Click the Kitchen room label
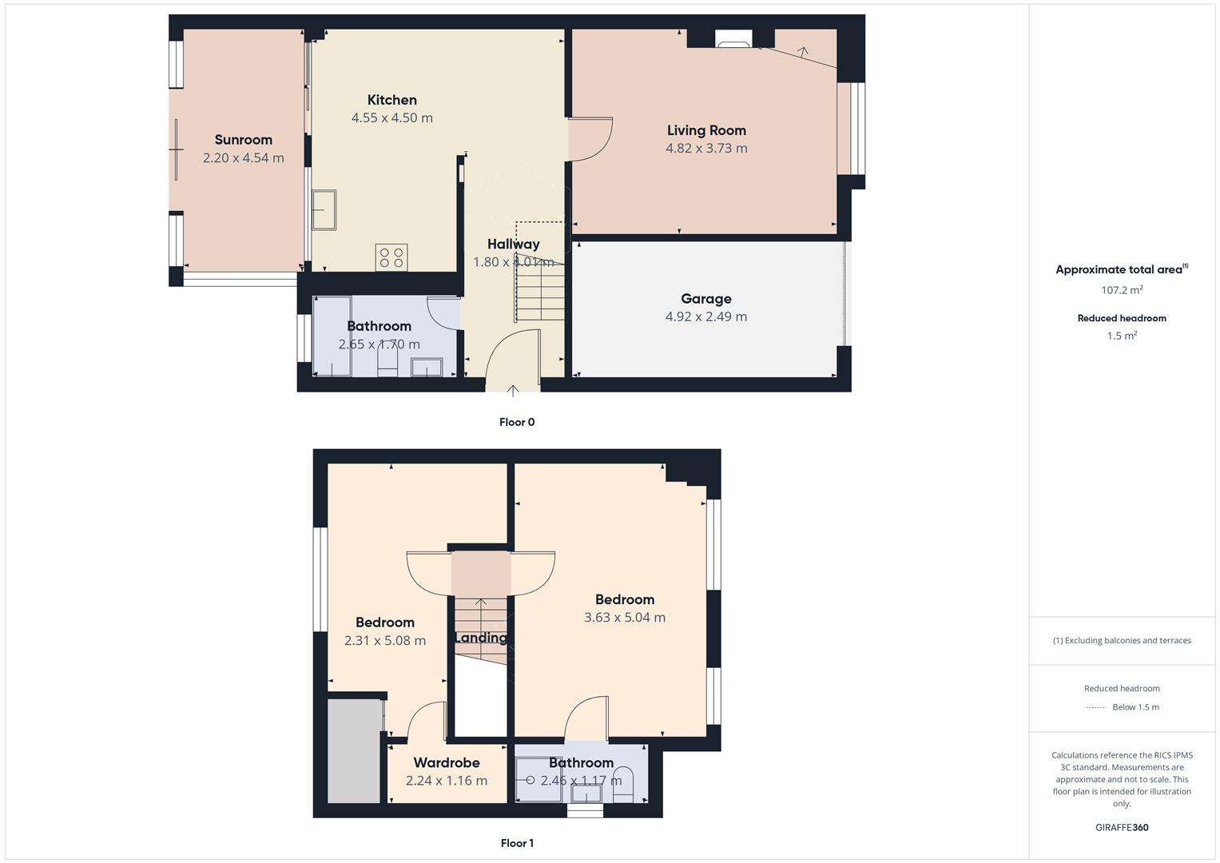(x=391, y=100)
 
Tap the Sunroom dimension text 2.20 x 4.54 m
(x=243, y=158)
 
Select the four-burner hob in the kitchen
(x=391, y=257)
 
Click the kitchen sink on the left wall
(x=324, y=209)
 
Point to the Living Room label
(x=706, y=130)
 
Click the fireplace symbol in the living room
(x=733, y=40)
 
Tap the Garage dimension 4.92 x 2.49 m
(x=705, y=316)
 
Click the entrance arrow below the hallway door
(x=513, y=391)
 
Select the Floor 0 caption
(x=516, y=422)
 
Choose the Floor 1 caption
(x=516, y=843)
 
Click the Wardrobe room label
(x=446, y=763)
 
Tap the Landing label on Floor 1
(x=480, y=638)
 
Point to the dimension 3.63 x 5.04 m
(x=624, y=617)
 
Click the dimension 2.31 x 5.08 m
(x=384, y=641)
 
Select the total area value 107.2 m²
(x=1121, y=290)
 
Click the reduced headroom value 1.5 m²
(x=1121, y=336)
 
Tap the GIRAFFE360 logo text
(x=1121, y=827)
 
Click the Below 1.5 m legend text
(x=1135, y=707)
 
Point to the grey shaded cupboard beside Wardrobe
(x=354, y=751)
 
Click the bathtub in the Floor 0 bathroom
(x=332, y=336)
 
